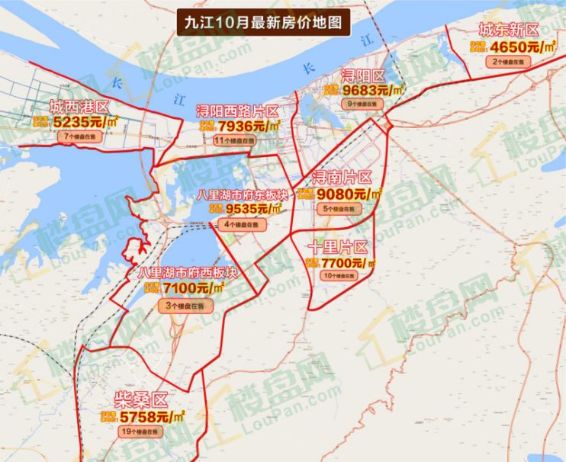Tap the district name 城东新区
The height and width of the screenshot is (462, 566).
[508, 31]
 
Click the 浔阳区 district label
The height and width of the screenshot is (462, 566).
[363, 75]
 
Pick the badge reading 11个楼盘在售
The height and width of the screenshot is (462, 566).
[235, 141]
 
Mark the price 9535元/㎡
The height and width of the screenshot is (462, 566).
[250, 208]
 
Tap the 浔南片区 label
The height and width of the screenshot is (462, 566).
[342, 178]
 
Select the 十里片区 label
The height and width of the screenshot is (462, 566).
[338, 248]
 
